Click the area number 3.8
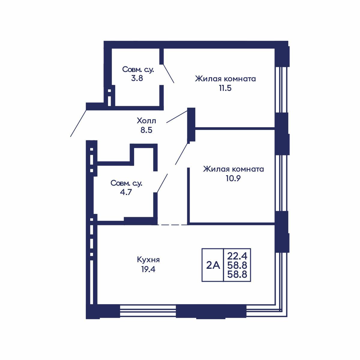click(x=137, y=78)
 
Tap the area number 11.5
click(x=225, y=88)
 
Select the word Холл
click(x=146, y=121)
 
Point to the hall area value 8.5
click(x=146, y=130)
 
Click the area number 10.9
click(x=233, y=178)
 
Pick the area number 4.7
click(x=126, y=192)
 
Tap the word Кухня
click(x=148, y=260)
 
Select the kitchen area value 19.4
click(x=148, y=269)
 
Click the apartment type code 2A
click(x=213, y=265)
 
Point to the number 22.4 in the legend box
click(x=237, y=256)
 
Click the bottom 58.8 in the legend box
click(x=237, y=274)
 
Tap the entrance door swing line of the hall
click(x=78, y=123)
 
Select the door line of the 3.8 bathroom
click(x=169, y=73)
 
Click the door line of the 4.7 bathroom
click(x=162, y=183)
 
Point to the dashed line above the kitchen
click(x=172, y=225)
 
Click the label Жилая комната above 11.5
click(x=225, y=79)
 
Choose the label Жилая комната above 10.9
click(x=233, y=169)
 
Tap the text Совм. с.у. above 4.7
click(x=126, y=183)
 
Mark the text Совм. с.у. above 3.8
click(x=138, y=69)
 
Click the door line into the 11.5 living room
click(x=177, y=117)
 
